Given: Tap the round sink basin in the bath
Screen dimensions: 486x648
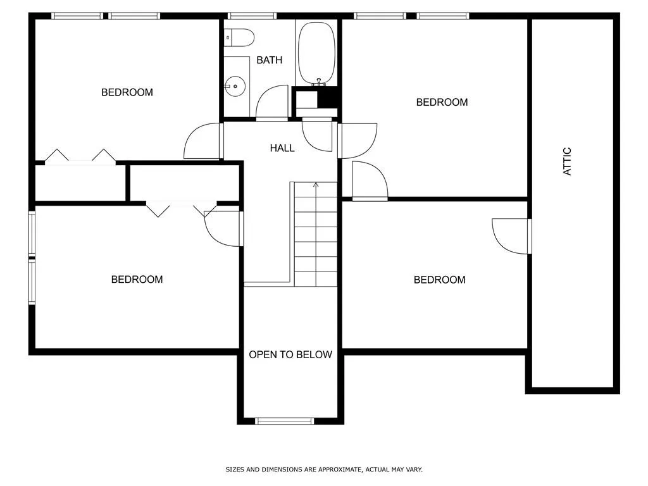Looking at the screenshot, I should click(x=235, y=84).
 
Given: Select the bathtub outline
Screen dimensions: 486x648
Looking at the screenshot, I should click(x=317, y=52).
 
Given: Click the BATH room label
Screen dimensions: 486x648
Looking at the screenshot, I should click(x=269, y=60).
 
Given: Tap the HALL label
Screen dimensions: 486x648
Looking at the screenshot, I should click(x=282, y=148).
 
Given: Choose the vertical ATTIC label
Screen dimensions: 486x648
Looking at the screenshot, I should click(x=568, y=161).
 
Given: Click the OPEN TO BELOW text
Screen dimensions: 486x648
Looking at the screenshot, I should click(x=290, y=354).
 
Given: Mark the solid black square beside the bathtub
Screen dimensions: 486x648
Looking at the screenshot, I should click(x=328, y=97).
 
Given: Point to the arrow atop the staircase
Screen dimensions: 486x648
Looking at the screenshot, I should click(x=315, y=185).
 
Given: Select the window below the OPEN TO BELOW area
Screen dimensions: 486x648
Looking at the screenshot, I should click(x=284, y=421).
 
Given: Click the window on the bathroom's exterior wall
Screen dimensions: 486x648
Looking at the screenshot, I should click(x=252, y=16).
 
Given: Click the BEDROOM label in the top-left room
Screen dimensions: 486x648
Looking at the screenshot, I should click(x=127, y=92).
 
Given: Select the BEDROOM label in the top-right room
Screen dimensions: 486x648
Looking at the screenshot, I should click(x=442, y=102).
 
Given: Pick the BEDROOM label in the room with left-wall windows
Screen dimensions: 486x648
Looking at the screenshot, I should click(x=137, y=279).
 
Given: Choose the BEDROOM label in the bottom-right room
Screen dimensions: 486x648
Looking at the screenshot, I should click(x=439, y=280).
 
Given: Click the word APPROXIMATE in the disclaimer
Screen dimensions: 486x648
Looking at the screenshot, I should click(x=339, y=470).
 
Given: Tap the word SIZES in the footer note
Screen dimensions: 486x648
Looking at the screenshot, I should click(x=234, y=470).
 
